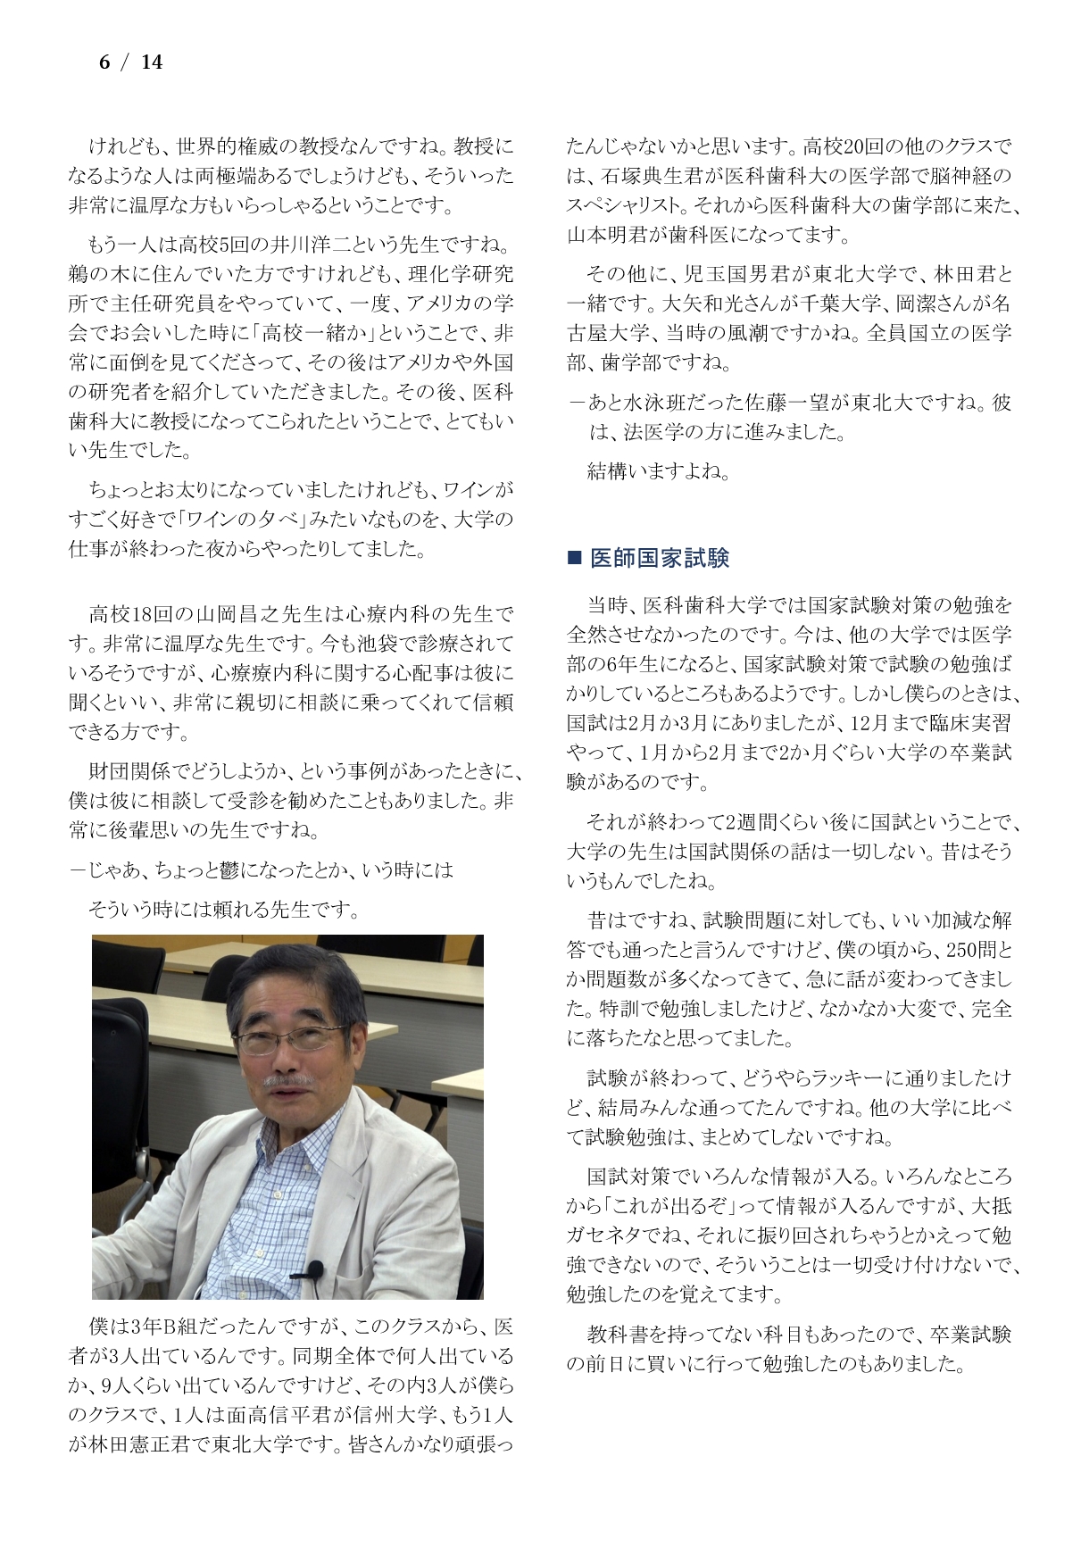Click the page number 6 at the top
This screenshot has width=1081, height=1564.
104,62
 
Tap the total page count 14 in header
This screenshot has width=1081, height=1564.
152,62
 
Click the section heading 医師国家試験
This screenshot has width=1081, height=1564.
660,559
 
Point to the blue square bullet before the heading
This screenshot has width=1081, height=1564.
575,559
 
